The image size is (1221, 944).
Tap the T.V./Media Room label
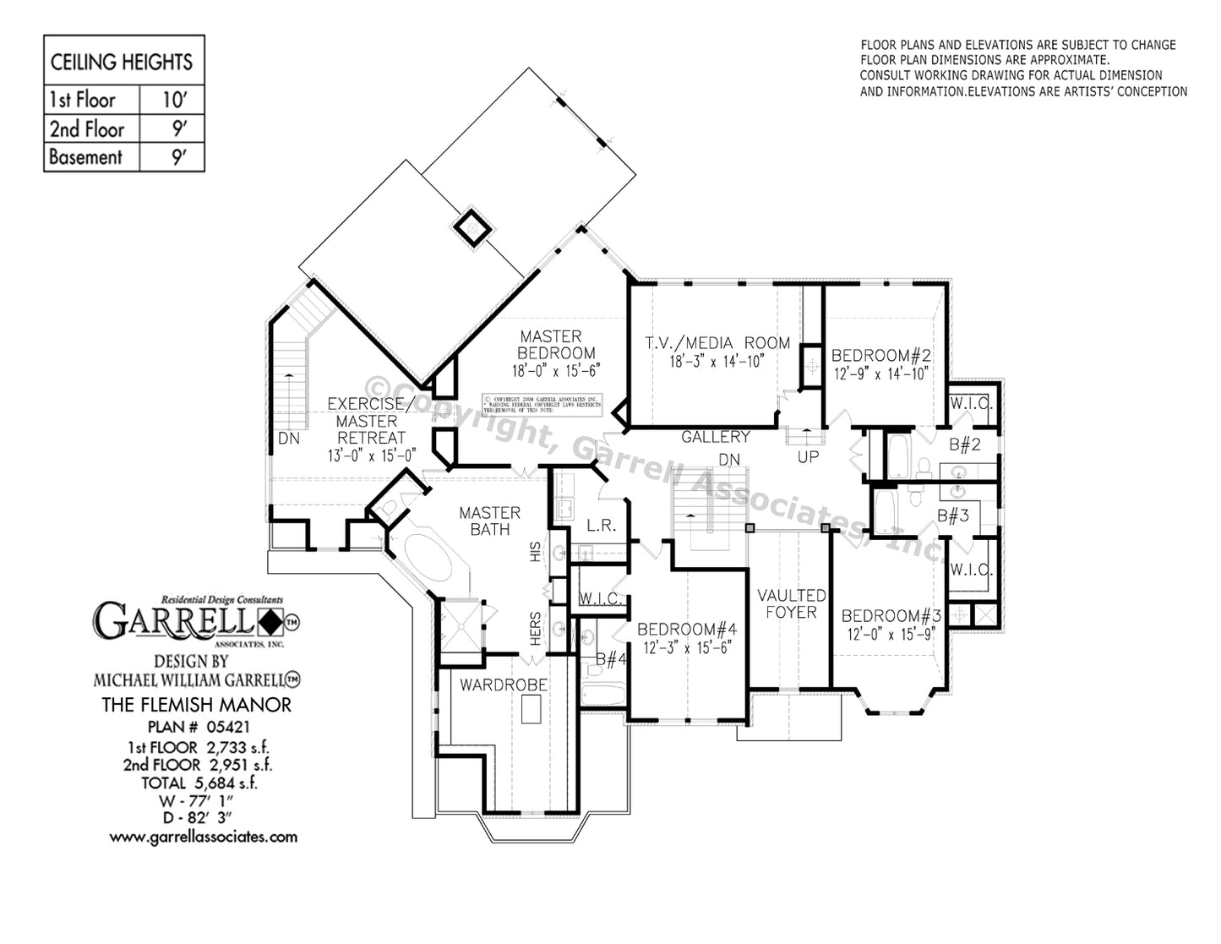point(717,343)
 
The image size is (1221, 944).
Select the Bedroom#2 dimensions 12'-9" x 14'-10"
point(880,374)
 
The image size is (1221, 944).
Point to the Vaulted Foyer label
point(791,603)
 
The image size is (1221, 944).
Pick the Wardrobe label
point(504,685)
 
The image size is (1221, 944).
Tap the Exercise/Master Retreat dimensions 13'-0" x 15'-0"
point(372,456)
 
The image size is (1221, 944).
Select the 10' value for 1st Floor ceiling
point(173,100)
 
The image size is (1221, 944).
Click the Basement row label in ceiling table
point(85,157)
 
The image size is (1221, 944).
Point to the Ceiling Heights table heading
point(122,62)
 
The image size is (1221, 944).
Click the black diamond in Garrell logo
point(270,623)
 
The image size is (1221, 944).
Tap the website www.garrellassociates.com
point(203,837)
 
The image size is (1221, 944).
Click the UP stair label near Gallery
point(808,456)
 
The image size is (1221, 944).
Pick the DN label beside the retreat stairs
point(289,439)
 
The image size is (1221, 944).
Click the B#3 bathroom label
point(952,516)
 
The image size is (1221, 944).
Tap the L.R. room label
point(601,526)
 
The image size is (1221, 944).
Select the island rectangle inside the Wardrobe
point(531,710)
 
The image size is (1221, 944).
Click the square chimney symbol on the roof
point(472,226)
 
